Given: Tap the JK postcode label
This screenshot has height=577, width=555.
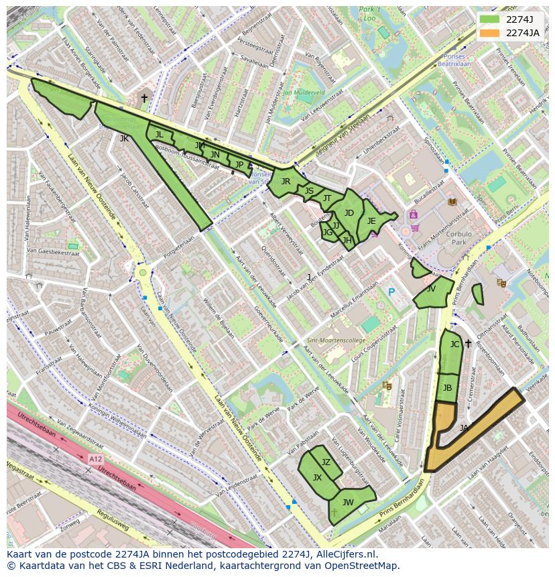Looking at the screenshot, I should click(124, 139).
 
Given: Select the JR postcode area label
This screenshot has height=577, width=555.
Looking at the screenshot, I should click(286, 182).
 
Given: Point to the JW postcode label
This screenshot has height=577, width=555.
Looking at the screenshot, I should click(348, 502).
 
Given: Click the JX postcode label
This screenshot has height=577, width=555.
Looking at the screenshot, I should click(318, 478).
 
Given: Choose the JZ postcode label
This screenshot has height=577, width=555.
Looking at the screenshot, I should click(326, 462).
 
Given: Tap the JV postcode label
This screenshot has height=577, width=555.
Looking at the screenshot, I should click(431, 289).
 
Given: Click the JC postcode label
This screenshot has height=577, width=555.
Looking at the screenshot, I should click(454, 344).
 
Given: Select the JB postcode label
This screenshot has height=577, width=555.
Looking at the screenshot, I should click(447, 388).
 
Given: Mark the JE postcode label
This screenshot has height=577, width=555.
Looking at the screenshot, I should click(371, 221).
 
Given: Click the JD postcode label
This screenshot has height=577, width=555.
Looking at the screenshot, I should click(349, 213).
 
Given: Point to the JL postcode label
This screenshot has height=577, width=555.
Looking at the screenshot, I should click(159, 135).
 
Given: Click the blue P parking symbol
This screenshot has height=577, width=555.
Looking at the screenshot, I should click(391, 292).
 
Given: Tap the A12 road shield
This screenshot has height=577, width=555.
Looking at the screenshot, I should click(95, 459).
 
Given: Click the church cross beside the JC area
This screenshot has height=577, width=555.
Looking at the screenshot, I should click(468, 344).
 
